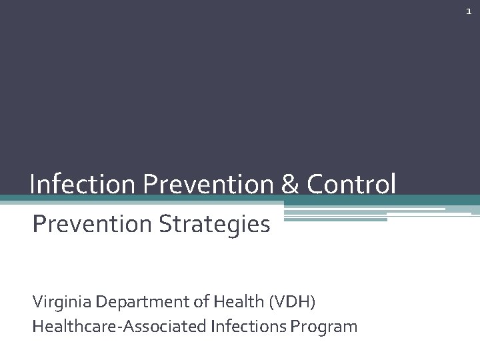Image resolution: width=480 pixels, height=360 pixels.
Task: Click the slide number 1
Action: point(469,12)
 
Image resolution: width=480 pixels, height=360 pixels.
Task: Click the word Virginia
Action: point(62,302)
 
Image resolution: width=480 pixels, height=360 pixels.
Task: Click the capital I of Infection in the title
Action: point(33,184)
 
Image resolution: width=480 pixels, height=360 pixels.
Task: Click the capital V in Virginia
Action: point(37,302)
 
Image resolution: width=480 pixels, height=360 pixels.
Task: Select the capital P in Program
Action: point(299,326)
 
